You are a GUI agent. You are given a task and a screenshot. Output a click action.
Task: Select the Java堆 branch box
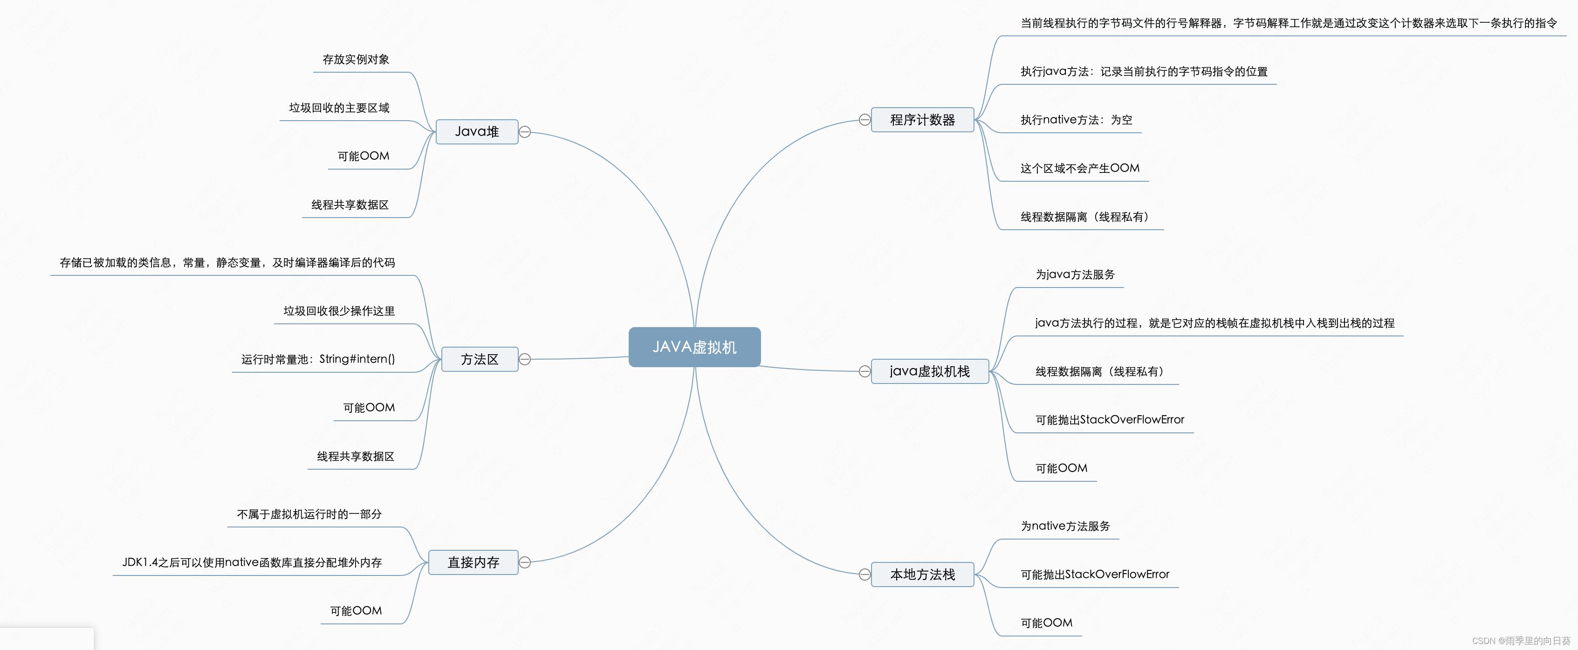click(477, 132)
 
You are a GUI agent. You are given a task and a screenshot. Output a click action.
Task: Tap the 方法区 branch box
click(479, 359)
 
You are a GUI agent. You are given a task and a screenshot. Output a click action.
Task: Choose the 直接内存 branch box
click(473, 562)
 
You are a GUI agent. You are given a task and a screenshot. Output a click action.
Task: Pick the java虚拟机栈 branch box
click(929, 371)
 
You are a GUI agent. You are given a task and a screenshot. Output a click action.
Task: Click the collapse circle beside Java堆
click(525, 132)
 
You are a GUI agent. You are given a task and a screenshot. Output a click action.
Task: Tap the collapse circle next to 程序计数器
click(864, 120)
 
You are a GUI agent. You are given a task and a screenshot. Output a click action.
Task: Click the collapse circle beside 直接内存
click(525, 562)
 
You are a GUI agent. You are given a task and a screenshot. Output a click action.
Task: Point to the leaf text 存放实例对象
click(356, 60)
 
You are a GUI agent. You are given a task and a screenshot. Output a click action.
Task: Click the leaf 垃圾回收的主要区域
click(339, 108)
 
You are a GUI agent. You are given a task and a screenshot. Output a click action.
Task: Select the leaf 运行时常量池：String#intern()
click(318, 359)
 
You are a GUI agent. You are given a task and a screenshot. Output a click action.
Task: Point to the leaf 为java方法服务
click(1075, 274)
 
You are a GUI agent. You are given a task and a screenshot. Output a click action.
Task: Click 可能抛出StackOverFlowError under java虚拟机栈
click(1109, 420)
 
